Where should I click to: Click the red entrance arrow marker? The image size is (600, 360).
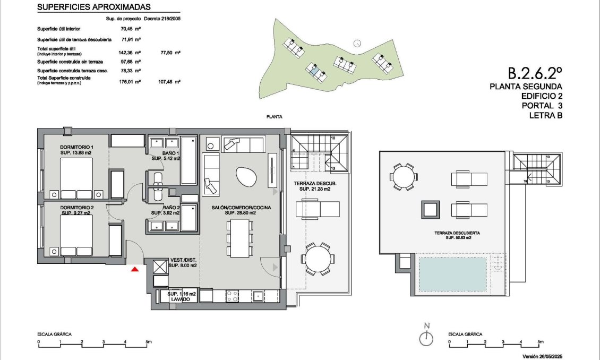click(135, 269)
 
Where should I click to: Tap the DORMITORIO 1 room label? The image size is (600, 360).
click(76, 147)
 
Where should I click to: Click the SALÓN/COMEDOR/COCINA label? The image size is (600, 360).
click(241, 208)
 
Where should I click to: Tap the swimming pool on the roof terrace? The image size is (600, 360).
click(453, 274)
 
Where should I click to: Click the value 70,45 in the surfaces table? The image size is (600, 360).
click(126, 29)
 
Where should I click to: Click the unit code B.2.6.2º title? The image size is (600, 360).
click(535, 72)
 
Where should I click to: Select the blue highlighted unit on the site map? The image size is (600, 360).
click(314, 71)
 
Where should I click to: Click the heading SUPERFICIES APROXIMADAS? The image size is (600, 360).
click(94, 7)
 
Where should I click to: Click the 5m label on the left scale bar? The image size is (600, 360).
click(149, 341)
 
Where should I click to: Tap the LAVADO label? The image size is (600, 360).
click(180, 299)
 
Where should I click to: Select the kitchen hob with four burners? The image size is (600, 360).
click(232, 296)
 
